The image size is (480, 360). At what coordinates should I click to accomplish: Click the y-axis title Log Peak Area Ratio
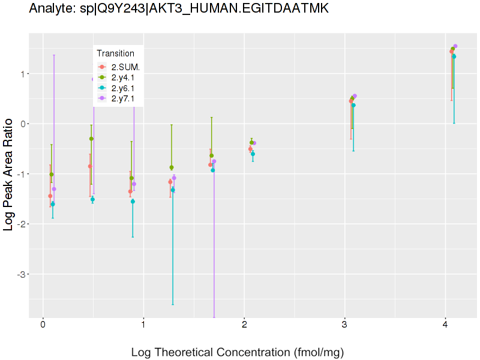tap(10, 175)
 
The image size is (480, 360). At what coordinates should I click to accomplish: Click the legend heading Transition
tap(116, 53)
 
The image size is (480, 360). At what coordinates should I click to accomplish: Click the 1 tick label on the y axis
tap(24, 74)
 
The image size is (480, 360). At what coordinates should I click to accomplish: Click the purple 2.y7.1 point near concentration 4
tap(455, 46)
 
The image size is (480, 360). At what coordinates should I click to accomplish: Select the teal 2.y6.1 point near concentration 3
tap(353, 105)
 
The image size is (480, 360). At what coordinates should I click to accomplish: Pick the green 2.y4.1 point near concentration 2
tap(251, 143)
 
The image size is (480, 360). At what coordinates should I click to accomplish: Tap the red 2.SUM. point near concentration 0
tap(50, 196)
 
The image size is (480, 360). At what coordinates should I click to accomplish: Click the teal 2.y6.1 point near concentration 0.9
tap(133, 202)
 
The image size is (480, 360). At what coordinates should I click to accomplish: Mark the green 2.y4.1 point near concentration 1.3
tap(172, 167)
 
